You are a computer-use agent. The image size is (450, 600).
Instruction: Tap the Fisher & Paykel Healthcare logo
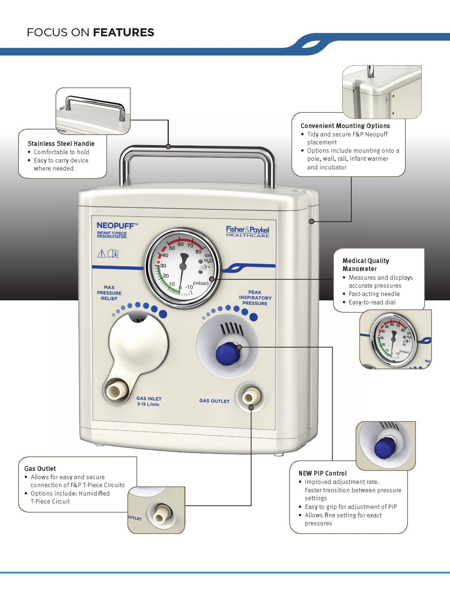tap(247, 231)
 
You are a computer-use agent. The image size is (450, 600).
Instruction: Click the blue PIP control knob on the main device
tap(228, 354)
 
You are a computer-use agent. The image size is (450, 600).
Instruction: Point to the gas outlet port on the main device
tap(250, 397)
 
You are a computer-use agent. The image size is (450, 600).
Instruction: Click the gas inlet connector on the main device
tap(116, 391)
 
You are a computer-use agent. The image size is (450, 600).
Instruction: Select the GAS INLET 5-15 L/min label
tap(148, 401)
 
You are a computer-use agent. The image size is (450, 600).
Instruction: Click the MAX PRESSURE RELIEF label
tap(109, 293)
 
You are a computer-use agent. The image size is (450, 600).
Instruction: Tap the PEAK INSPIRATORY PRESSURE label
tap(255, 298)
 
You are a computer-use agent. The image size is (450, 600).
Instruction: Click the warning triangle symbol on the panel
tap(102, 254)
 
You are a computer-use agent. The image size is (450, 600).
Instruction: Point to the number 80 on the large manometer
tap(198, 251)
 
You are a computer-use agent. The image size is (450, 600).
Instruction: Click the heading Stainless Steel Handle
tap(61, 144)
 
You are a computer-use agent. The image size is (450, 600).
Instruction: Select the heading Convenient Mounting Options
tap(345, 126)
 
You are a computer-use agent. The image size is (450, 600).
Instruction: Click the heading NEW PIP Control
tap(322, 473)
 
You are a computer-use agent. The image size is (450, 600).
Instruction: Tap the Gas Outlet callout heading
tap(40, 468)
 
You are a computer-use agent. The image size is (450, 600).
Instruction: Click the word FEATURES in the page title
tap(123, 33)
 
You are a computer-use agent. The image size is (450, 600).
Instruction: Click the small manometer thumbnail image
tap(394, 339)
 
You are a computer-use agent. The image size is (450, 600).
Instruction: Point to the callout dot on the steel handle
tap(168, 146)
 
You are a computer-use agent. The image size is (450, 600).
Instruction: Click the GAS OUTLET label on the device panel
tap(214, 401)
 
